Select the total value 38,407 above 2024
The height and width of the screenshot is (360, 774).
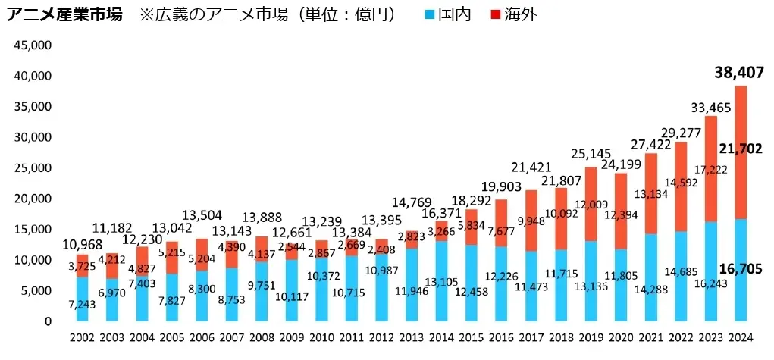point(738,74)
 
